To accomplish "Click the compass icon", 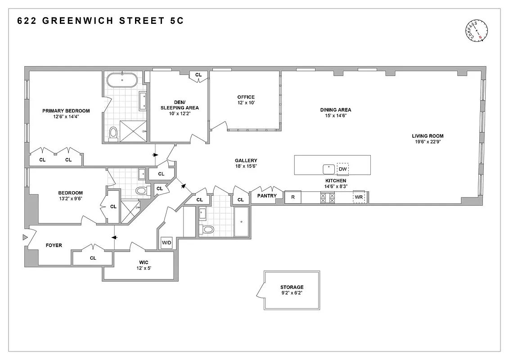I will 477,31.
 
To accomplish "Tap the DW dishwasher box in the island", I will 343,169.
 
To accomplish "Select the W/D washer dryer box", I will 167,243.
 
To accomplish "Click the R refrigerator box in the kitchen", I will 293,197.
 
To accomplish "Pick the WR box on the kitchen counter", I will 359,197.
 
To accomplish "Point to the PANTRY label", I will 267,196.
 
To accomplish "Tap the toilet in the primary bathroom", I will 113,133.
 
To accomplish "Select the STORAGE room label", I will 292,287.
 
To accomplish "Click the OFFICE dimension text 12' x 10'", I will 246,103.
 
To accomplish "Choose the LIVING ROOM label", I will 428,136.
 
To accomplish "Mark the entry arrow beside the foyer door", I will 25,237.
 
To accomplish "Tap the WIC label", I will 144,262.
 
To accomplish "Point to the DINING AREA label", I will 336,110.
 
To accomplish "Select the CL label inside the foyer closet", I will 93,258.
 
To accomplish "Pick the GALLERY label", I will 246,161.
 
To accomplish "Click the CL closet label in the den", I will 198,75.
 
